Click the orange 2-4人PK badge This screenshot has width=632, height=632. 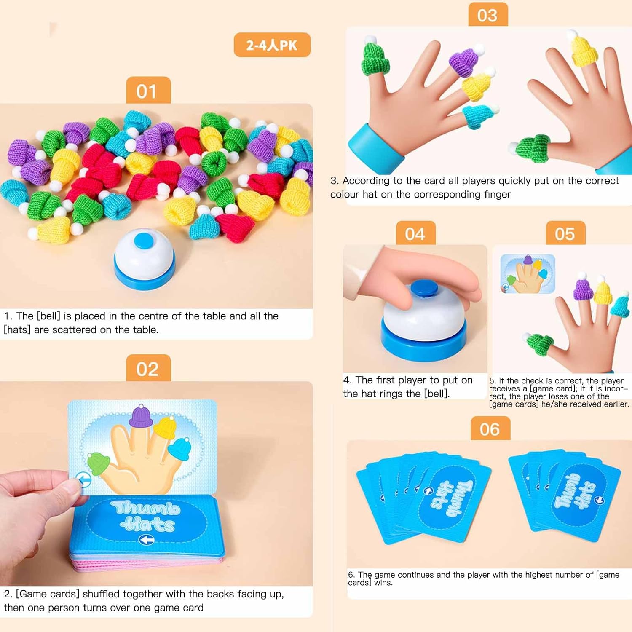click(272, 45)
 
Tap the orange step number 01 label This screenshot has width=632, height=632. click(148, 90)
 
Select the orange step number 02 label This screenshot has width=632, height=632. click(148, 368)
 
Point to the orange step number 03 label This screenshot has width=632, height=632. click(488, 15)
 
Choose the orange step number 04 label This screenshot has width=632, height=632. click(415, 233)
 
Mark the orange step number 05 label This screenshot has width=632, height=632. click(565, 233)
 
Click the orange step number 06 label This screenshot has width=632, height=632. click(490, 428)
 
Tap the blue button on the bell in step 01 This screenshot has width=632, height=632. click(144, 241)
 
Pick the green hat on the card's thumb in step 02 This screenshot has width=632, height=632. click(98, 463)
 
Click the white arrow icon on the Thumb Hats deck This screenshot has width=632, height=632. click(146, 540)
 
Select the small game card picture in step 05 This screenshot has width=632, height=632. click(528, 273)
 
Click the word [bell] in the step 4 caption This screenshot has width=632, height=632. click(436, 394)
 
